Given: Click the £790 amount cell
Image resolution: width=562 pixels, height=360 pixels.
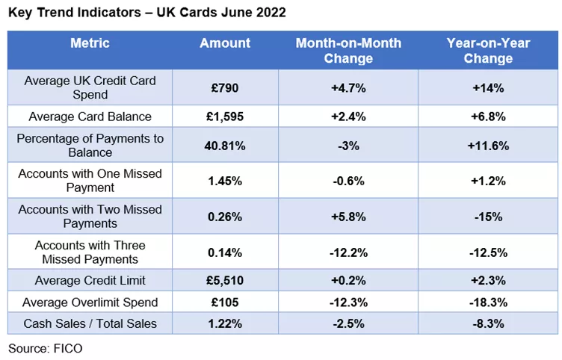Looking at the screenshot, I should click(x=225, y=87).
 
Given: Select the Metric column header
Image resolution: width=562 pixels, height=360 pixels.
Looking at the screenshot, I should click(x=90, y=43).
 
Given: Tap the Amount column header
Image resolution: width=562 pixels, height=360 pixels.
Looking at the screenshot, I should click(x=225, y=43).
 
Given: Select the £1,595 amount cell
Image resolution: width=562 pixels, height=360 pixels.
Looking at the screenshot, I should click(x=225, y=116).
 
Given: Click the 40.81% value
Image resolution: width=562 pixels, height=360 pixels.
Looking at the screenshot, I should click(x=225, y=146).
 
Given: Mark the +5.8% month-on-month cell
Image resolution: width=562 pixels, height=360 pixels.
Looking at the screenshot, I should click(x=348, y=217).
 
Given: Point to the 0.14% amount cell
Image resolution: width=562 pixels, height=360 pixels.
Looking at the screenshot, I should click(x=225, y=252).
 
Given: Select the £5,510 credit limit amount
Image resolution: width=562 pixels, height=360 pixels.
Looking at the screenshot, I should click(x=225, y=281).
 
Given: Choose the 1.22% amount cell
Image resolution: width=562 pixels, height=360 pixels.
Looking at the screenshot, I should click(x=225, y=323).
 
